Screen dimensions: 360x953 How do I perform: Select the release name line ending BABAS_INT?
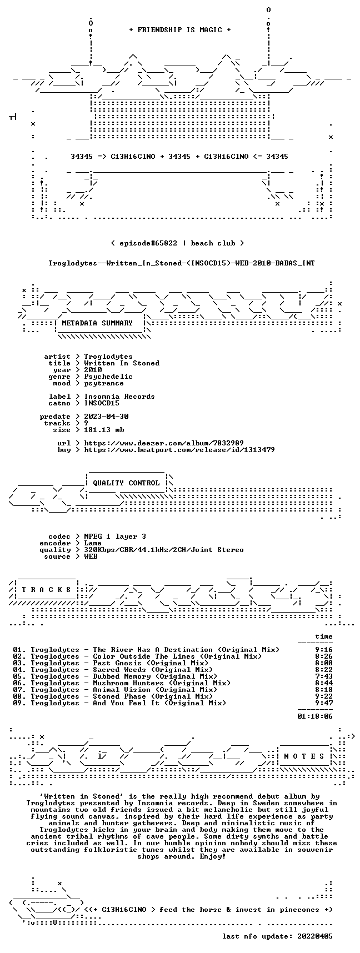(x=182, y=263)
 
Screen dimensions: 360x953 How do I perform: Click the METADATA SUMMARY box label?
(x=97, y=323)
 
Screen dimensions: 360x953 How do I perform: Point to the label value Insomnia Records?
(x=119, y=397)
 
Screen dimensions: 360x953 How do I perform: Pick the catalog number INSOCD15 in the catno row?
(x=102, y=403)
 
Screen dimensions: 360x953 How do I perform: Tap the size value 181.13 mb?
(x=104, y=430)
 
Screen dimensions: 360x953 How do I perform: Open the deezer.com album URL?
(x=164, y=443)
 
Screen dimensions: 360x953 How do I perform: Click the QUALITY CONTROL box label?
(x=126, y=483)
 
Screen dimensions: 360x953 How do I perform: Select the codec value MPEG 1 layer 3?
(x=115, y=536)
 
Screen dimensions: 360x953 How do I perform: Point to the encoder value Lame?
(x=93, y=543)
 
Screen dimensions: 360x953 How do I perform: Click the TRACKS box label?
(x=47, y=590)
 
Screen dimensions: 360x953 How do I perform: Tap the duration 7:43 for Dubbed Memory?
(x=324, y=676)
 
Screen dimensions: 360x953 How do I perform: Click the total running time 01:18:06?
(x=315, y=716)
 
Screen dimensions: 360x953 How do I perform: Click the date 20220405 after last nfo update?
(x=315, y=936)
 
